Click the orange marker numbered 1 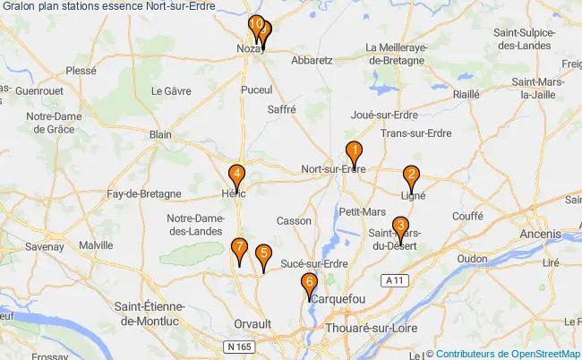coord(355,153)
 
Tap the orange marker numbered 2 coord(411,176)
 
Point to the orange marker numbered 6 coord(310,285)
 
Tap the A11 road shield coord(390,281)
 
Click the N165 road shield coord(237,345)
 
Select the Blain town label coord(160,134)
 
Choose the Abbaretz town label coord(312,61)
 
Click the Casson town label coord(294,220)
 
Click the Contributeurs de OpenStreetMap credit coord(506,354)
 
